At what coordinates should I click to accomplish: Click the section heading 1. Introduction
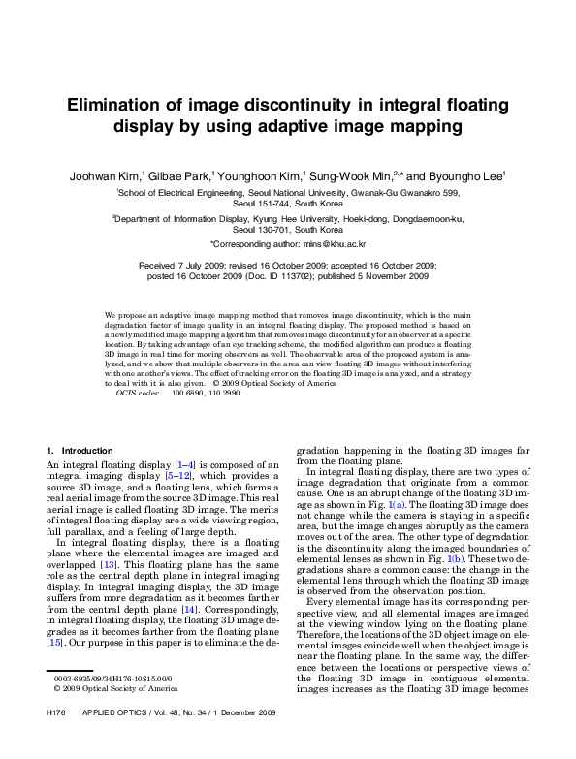pyautogui.click(x=80, y=451)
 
